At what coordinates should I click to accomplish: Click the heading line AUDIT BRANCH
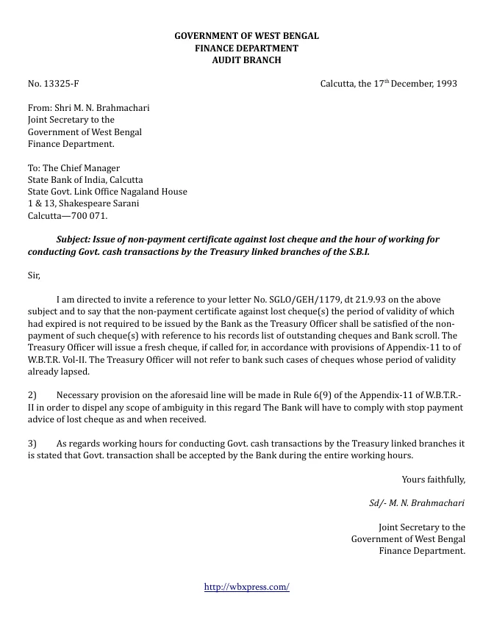coord(246,60)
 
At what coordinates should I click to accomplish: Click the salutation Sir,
coord(34,275)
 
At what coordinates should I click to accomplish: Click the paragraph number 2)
coord(32,396)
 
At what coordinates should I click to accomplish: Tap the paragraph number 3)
coord(32,444)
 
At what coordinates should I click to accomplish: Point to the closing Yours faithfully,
coord(433,480)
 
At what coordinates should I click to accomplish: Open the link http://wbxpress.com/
coord(246,587)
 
